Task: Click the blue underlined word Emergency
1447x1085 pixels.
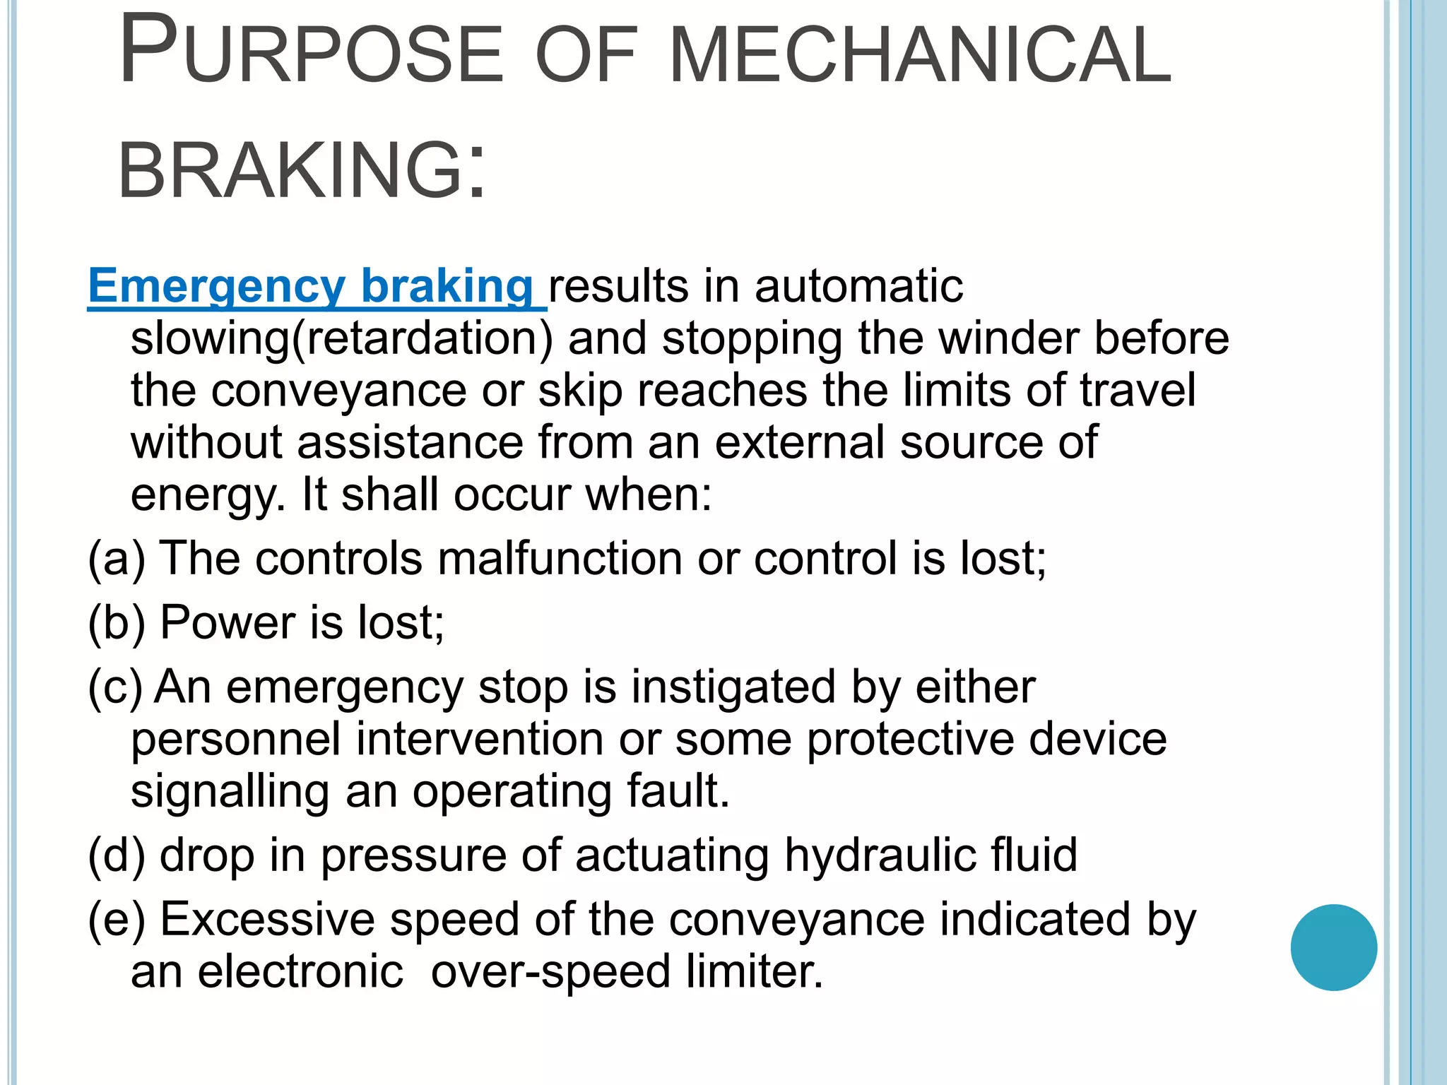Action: pos(216,286)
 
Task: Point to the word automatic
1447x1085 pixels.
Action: pos(858,286)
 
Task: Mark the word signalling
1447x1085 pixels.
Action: pos(230,792)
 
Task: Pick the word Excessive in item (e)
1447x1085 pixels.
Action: pos(268,920)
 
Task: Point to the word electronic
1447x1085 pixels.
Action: pos(300,971)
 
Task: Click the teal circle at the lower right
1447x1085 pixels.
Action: pos(1333,947)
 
